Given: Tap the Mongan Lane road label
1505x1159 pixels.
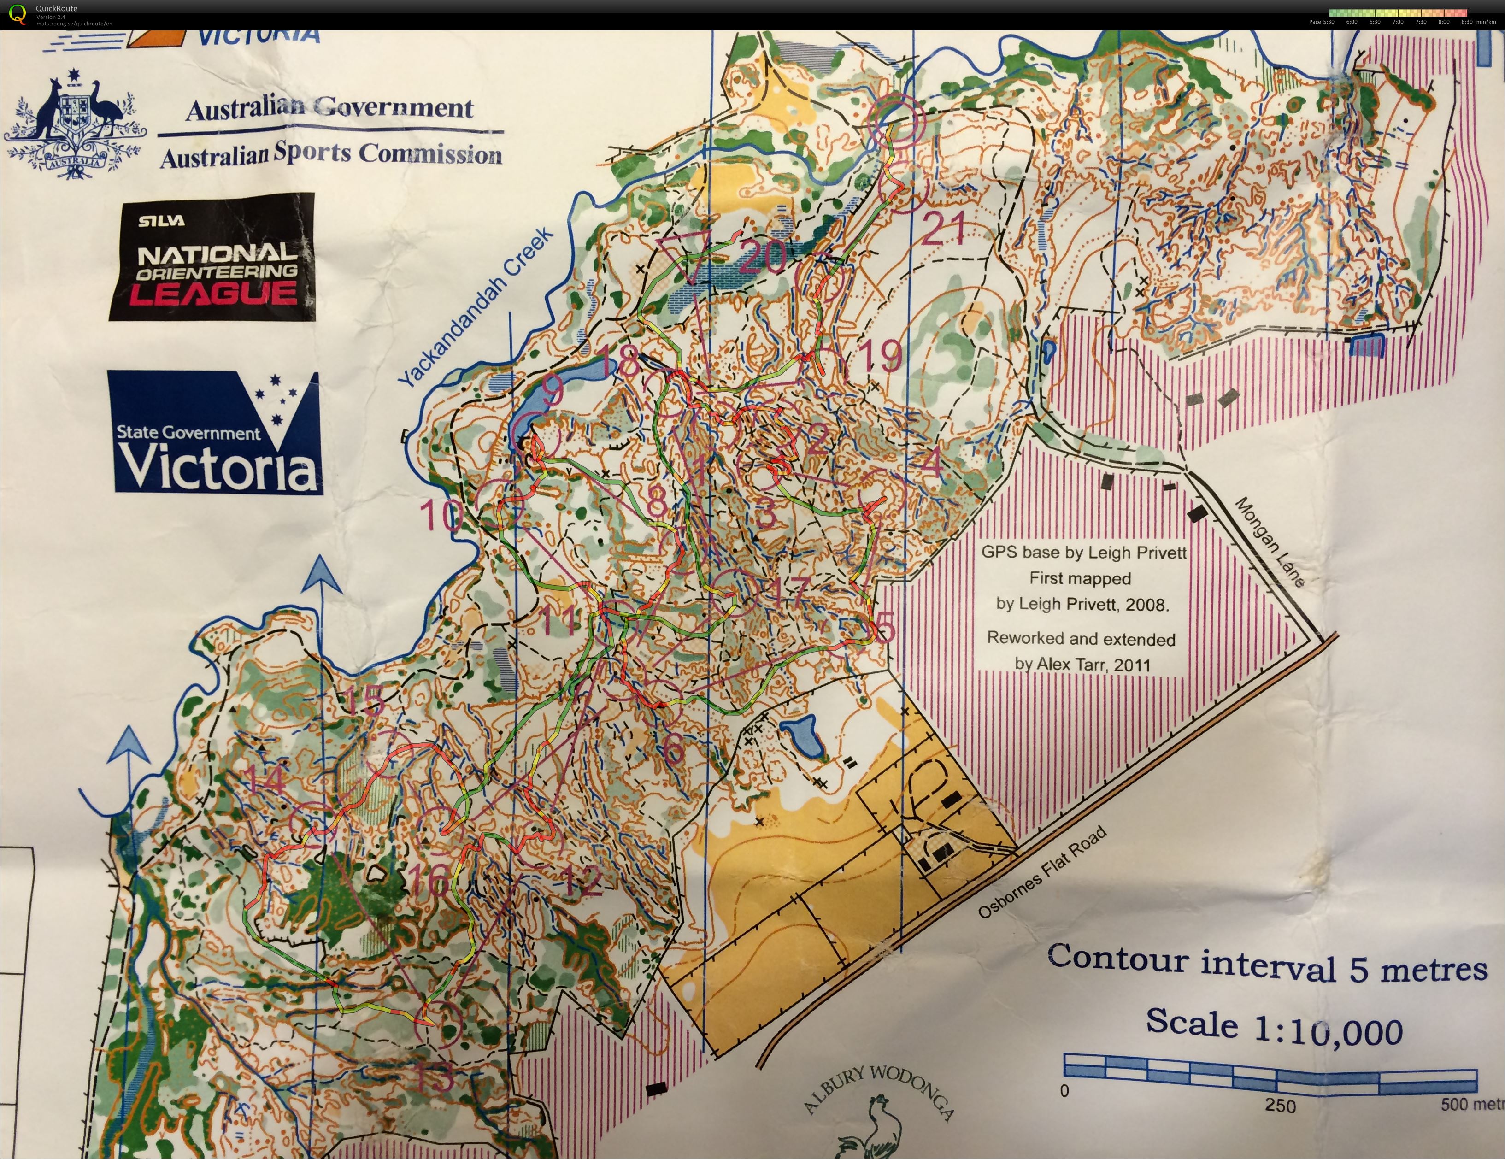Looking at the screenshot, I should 1270,541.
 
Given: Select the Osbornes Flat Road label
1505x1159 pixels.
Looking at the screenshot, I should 1042,873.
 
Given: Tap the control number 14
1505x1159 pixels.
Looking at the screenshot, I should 265,781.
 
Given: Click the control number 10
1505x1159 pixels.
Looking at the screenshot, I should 441,515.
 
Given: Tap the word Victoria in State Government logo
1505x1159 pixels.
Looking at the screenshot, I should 217,467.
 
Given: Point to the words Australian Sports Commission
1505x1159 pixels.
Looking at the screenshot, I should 331,154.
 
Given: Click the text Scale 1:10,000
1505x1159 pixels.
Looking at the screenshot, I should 1274,1027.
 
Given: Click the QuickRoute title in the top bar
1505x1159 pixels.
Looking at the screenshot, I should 57,8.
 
